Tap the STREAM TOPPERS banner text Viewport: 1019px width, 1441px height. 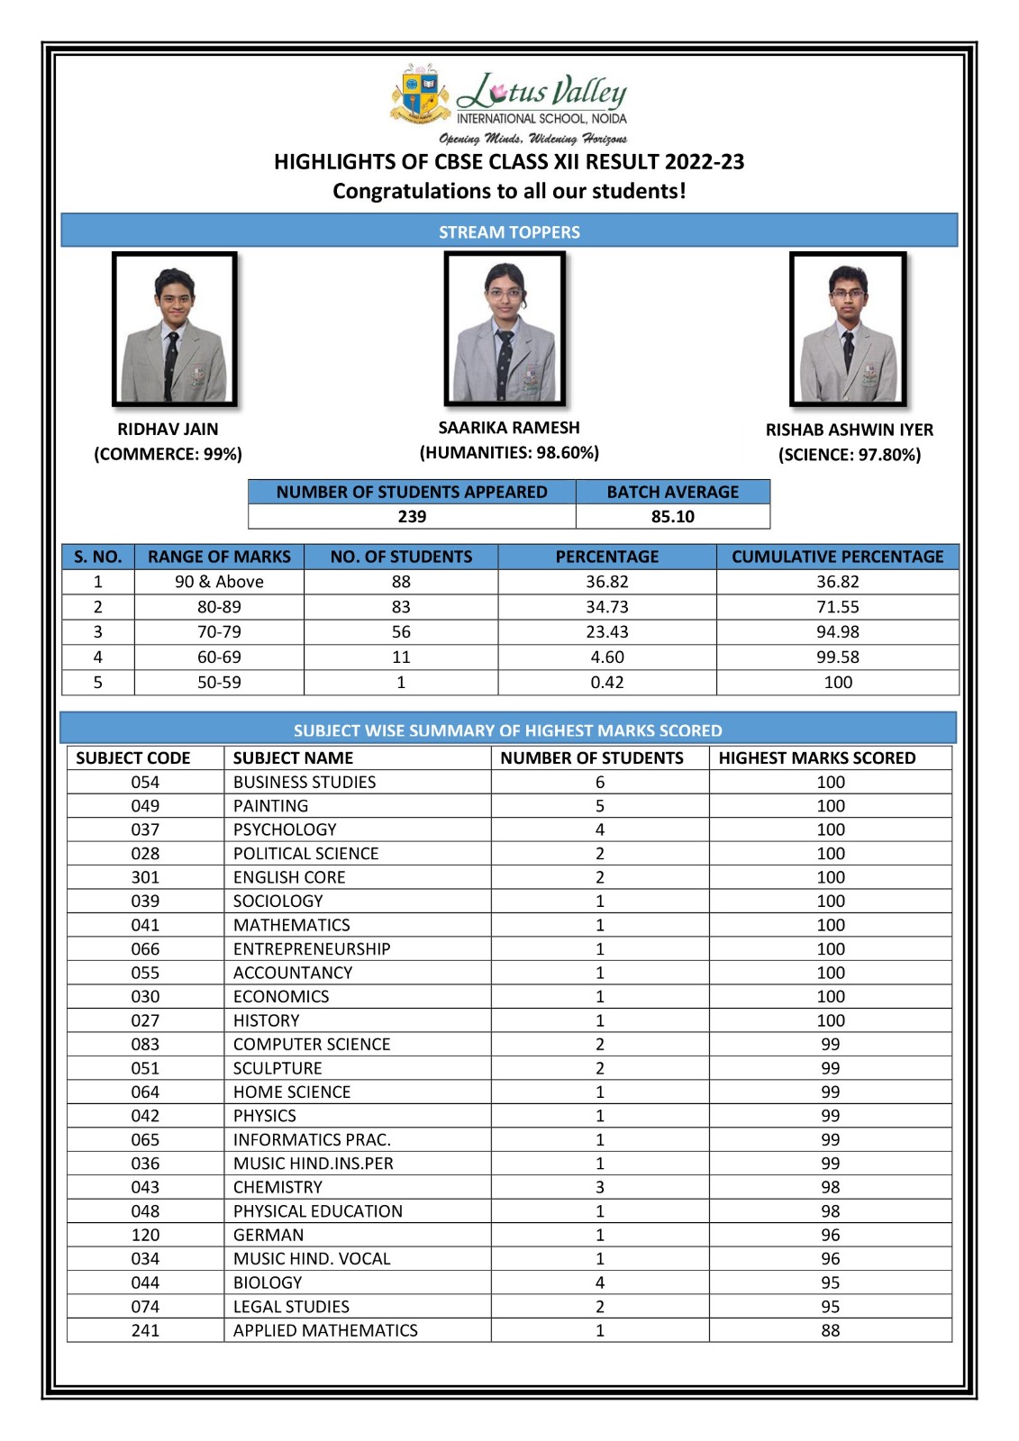(509, 231)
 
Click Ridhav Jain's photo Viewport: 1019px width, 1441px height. (175, 330)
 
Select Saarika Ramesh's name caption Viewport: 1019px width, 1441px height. (509, 428)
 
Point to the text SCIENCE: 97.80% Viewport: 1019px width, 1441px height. (850, 455)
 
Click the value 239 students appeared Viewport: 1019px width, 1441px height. (412, 516)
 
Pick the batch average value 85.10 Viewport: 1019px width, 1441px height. (673, 516)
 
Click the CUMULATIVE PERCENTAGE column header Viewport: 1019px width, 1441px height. (837, 557)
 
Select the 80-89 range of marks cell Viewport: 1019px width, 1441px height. (219, 607)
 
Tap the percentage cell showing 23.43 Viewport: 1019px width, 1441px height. (606, 632)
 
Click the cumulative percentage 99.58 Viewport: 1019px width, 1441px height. (837, 657)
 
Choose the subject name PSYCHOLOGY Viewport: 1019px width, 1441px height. (285, 829)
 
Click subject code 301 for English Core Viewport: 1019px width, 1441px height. (145, 877)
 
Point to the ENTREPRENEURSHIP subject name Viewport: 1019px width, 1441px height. (312, 948)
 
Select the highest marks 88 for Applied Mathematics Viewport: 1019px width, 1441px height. (830, 1330)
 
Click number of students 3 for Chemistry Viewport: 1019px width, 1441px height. (599, 1187)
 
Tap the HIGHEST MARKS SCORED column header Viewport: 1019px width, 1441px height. (816, 757)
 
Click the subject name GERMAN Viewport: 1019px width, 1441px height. (268, 1235)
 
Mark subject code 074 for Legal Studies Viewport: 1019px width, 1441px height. (145, 1306)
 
